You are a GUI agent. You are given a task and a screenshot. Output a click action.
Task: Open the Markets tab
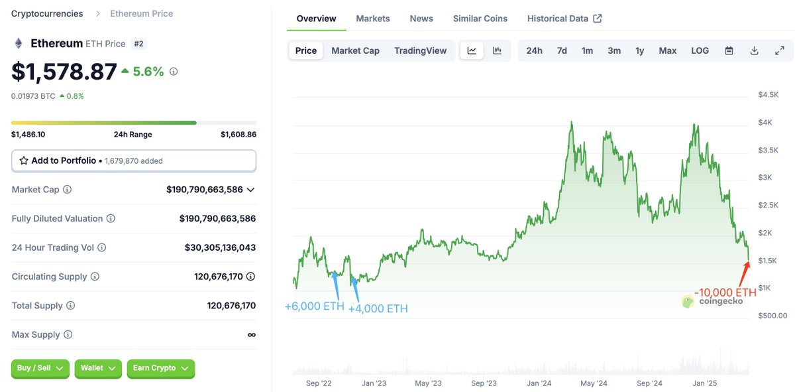[373, 19]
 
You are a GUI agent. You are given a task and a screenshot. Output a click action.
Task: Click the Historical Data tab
[564, 19]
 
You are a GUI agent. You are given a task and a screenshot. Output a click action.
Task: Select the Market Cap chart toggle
[355, 50]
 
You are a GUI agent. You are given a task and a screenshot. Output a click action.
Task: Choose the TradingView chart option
[420, 50]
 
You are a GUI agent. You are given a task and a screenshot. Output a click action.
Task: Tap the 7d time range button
[562, 50]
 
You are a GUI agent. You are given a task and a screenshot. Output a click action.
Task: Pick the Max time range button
[667, 50]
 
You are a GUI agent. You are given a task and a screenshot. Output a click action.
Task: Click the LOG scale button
[700, 50]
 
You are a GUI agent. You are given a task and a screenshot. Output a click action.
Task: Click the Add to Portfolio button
[133, 161]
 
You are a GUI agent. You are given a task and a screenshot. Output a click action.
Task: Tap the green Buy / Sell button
[40, 368]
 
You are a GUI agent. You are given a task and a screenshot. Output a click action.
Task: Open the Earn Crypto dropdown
[160, 368]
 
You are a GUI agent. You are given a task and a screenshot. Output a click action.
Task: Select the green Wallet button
[98, 368]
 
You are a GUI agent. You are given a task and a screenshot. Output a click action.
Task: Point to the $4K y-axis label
[767, 122]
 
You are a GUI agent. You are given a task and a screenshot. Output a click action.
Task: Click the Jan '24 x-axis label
[539, 383]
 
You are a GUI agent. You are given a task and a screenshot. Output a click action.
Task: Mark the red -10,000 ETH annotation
[725, 293]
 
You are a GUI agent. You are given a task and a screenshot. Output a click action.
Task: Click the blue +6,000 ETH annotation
[314, 306]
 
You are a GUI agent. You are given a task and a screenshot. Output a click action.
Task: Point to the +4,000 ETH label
[378, 308]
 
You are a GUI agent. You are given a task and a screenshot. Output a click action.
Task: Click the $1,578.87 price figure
[64, 72]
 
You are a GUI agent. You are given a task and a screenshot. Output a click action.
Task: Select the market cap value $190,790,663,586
[204, 190]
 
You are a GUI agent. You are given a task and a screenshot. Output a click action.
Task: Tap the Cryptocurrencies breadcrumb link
[47, 13]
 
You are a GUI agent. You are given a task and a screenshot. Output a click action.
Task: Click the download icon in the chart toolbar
[754, 50]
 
